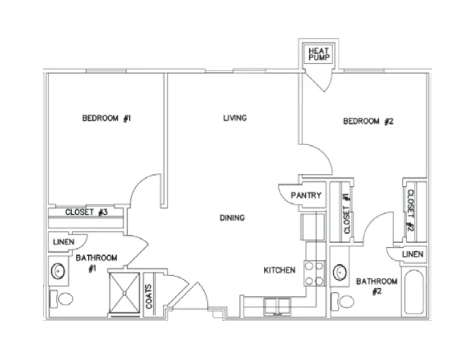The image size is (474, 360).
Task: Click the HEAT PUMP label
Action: [319, 55]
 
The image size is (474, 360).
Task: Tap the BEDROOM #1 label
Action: [106, 118]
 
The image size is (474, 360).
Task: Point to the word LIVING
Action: [235, 118]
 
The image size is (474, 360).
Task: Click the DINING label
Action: [232, 218]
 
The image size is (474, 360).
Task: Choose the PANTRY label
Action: [306, 196]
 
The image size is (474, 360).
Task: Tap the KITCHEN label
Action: [279, 270]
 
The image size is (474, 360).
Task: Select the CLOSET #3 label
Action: [87, 212]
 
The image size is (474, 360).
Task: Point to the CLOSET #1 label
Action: [347, 214]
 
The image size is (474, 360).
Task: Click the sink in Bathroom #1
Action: [59, 272]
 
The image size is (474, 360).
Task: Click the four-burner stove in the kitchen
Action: [314, 273]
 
